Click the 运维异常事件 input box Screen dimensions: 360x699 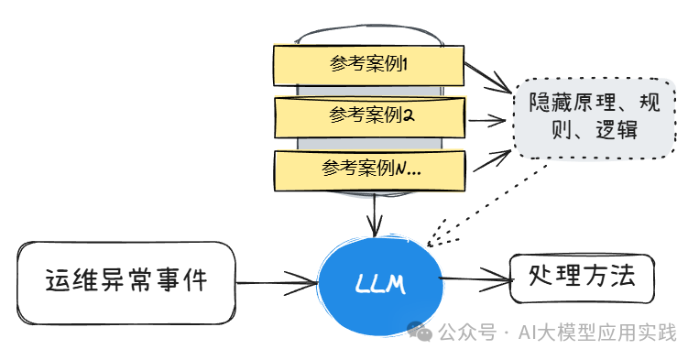[126, 279]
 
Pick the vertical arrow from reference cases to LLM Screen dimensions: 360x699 [374, 212]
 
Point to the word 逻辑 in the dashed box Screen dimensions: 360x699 [623, 132]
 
